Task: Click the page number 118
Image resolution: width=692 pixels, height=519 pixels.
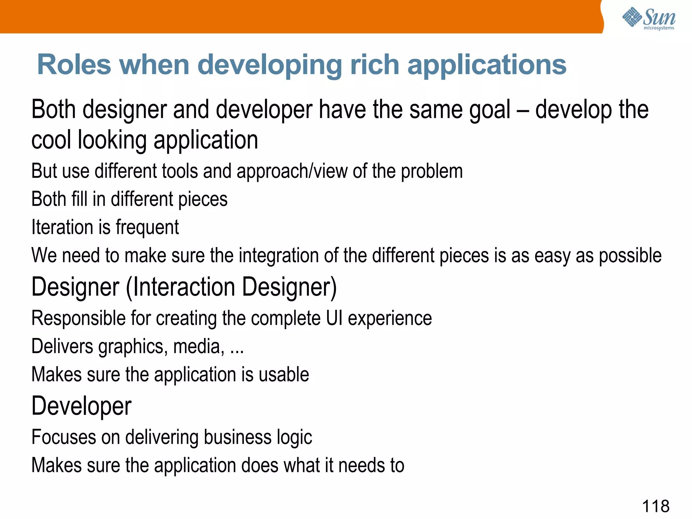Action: [655, 506]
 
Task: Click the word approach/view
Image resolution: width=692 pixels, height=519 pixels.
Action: [292, 171]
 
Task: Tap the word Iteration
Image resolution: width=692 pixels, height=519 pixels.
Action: [62, 227]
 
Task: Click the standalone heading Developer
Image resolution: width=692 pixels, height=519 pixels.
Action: [81, 406]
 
